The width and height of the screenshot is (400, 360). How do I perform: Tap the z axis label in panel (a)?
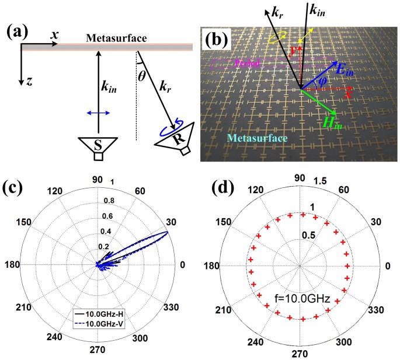27,81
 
